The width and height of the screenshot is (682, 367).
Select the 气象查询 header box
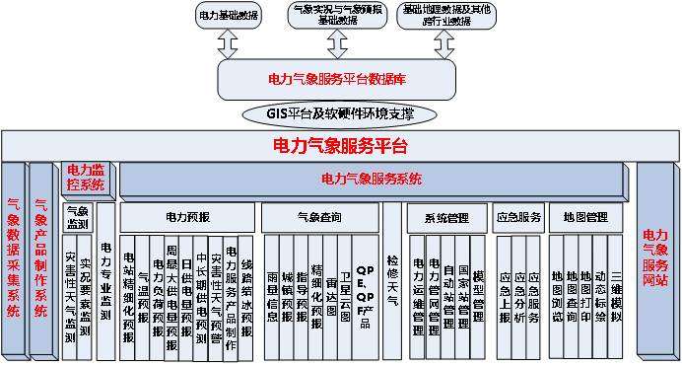318,216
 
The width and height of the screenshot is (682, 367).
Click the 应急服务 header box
517,216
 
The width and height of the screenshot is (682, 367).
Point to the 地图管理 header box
585,216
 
